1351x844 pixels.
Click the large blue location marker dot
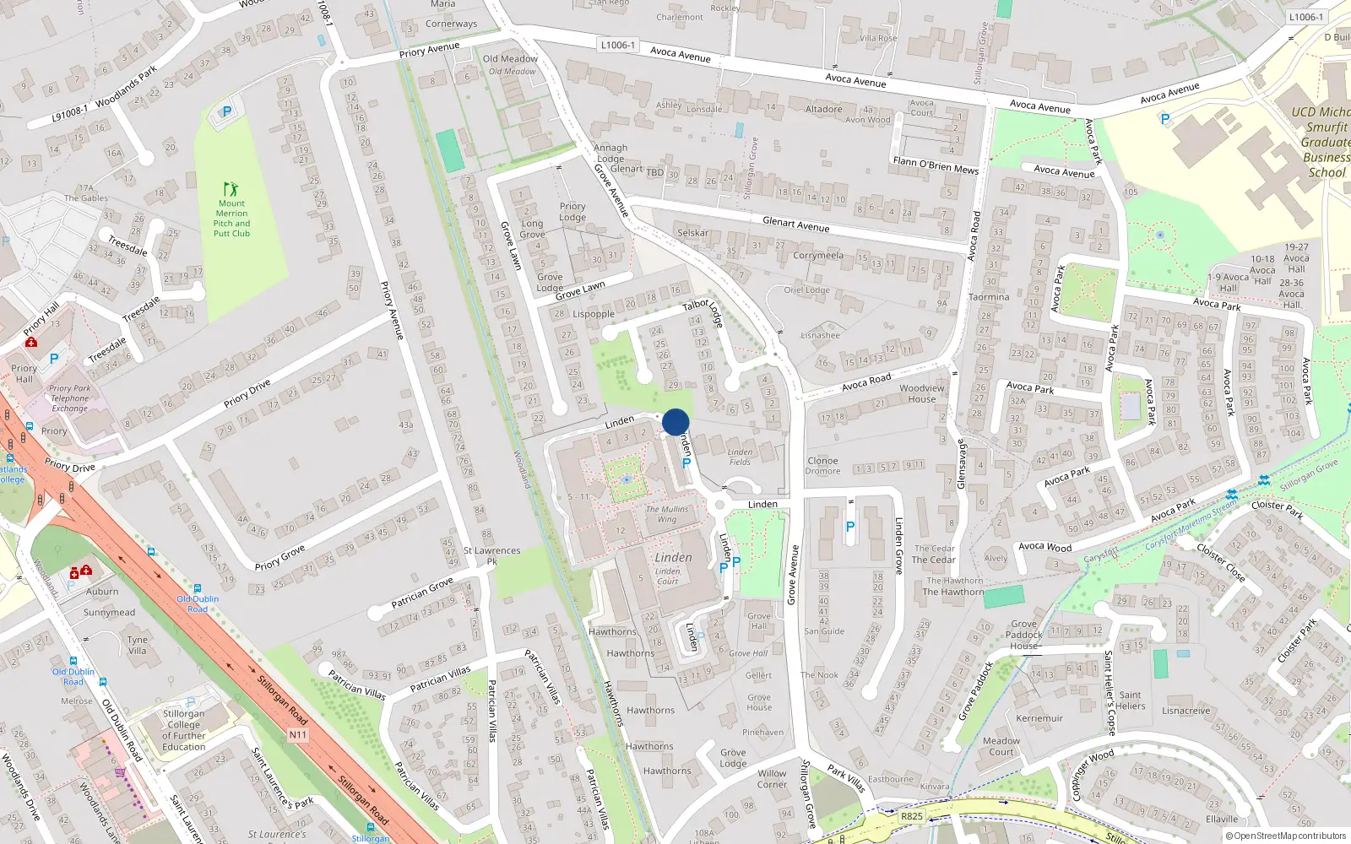tap(675, 422)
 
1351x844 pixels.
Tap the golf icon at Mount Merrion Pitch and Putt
tap(231, 189)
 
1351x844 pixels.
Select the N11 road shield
tap(298, 734)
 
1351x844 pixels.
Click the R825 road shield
tap(912, 816)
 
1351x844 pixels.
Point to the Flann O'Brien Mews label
tap(936, 165)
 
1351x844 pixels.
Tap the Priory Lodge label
tap(572, 212)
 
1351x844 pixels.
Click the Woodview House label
tap(922, 394)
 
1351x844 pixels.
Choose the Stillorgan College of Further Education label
tap(184, 730)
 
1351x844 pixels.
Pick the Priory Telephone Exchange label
tap(69, 398)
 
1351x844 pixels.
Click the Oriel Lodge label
tap(806, 289)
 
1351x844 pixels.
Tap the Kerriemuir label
tap(1039, 718)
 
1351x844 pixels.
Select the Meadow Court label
tap(1001, 746)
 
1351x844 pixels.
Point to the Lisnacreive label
tap(1186, 711)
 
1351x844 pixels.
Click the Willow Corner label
tap(772, 779)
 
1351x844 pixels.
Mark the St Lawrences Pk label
tap(491, 555)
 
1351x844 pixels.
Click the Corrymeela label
tap(818, 255)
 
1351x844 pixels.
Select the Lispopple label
tap(594, 314)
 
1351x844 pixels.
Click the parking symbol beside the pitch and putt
tap(225, 111)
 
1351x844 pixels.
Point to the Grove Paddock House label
tap(1024, 635)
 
